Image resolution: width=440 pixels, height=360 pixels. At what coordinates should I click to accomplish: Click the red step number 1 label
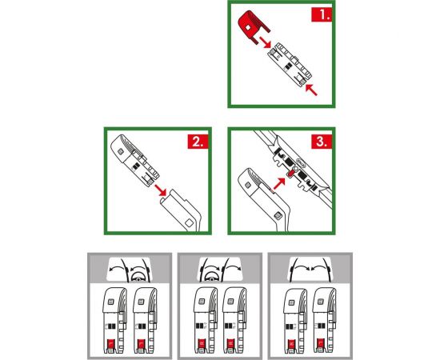click(x=322, y=14)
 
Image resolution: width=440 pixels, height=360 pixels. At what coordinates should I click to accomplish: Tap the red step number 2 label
click(x=198, y=142)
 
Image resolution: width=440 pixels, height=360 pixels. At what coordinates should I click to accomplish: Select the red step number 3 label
click(x=322, y=142)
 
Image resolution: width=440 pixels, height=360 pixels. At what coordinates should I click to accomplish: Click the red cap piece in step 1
click(x=252, y=26)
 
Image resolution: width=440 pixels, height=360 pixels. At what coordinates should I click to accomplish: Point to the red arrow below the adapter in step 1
click(x=311, y=90)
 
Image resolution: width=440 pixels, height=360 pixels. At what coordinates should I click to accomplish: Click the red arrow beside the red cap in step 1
click(x=265, y=42)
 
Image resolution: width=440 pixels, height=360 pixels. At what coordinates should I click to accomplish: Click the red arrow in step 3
click(x=279, y=183)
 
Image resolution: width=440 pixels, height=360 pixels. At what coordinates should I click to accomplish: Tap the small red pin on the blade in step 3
click(x=291, y=173)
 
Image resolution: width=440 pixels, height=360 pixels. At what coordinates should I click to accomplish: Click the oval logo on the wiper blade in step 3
click(x=301, y=162)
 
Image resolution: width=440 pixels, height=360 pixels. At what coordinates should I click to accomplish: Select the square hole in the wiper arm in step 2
click(x=189, y=223)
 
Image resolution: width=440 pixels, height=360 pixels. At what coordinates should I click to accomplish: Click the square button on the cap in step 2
click(x=121, y=151)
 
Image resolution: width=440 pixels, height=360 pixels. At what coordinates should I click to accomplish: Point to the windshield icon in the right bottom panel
click(x=310, y=270)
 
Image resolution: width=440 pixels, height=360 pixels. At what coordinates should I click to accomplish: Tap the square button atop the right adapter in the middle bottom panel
click(x=230, y=302)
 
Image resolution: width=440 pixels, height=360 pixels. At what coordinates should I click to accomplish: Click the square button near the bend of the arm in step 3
click(x=278, y=216)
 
